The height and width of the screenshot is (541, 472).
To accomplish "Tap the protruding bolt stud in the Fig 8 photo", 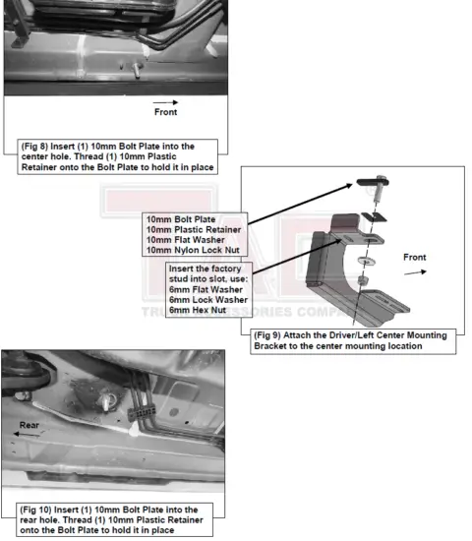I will tap(131, 67).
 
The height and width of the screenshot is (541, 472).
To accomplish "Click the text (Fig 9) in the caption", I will tap(271, 335).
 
